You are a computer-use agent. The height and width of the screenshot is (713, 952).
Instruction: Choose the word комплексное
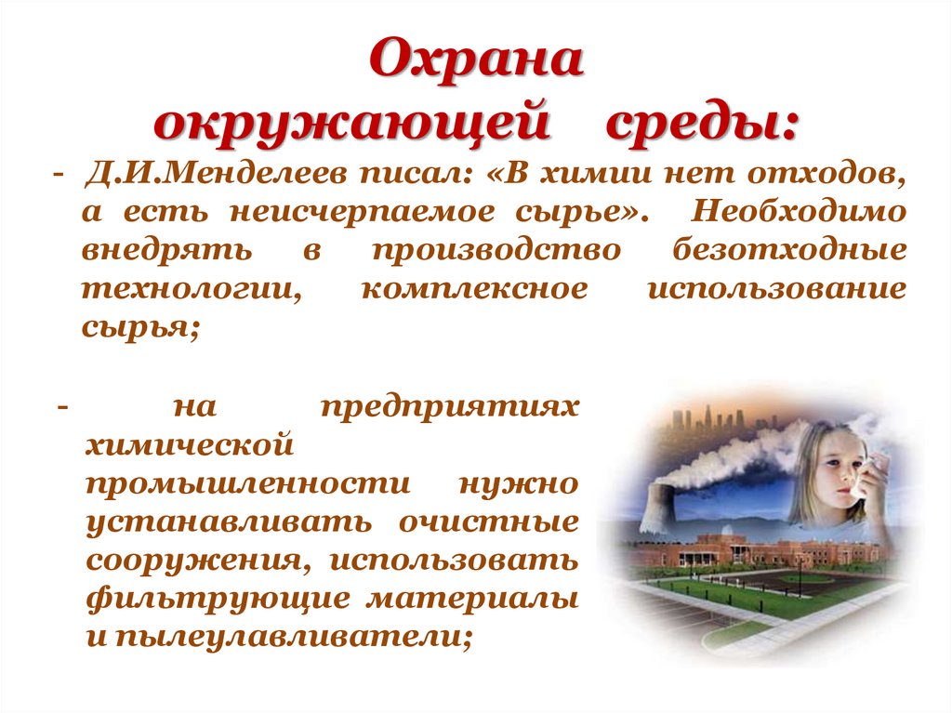474,289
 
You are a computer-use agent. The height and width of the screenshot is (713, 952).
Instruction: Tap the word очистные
489,522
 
